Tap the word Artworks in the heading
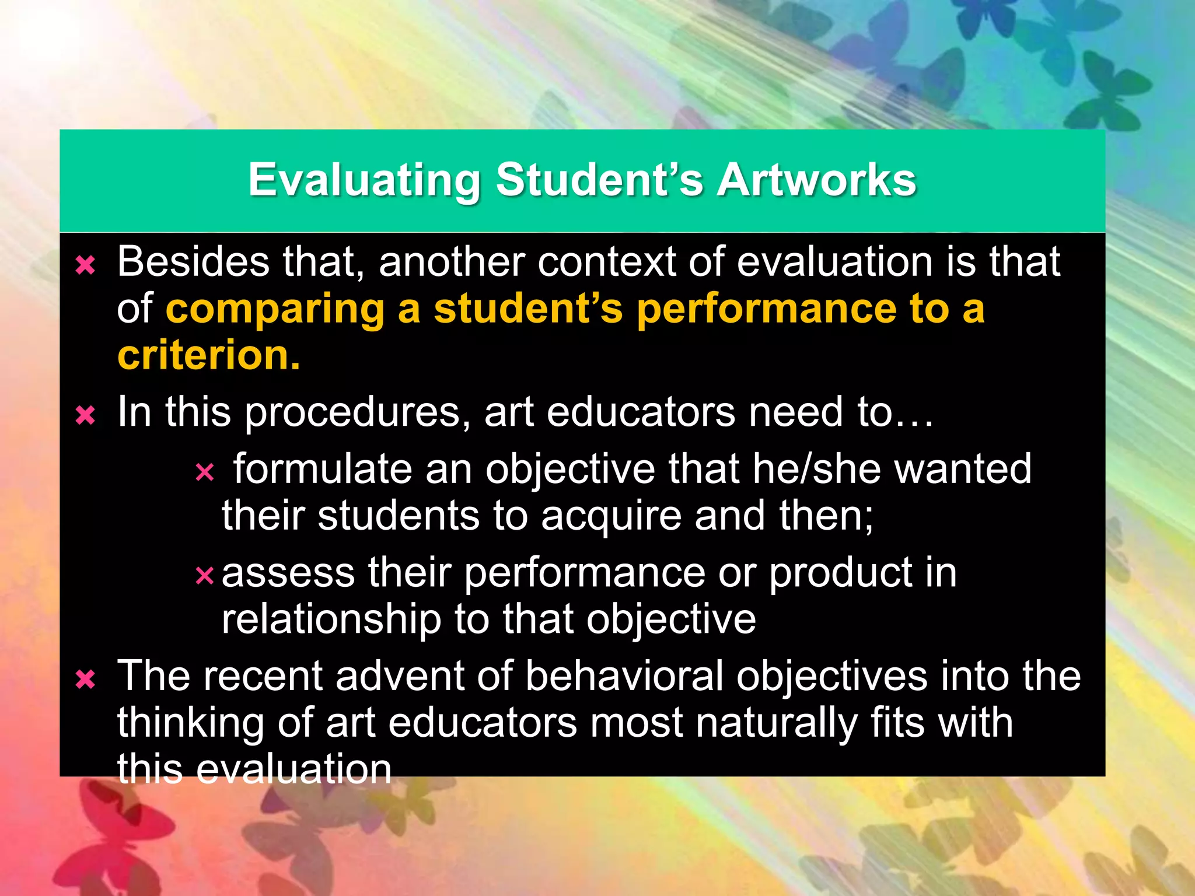(816, 180)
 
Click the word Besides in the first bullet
(193, 261)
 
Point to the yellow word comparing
(275, 310)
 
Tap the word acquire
(610, 517)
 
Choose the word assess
(288, 573)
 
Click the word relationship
(331, 619)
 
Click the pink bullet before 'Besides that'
(86, 266)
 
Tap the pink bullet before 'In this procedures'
(86, 416)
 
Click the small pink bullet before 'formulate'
(205, 472)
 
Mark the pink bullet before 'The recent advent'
(86, 680)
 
